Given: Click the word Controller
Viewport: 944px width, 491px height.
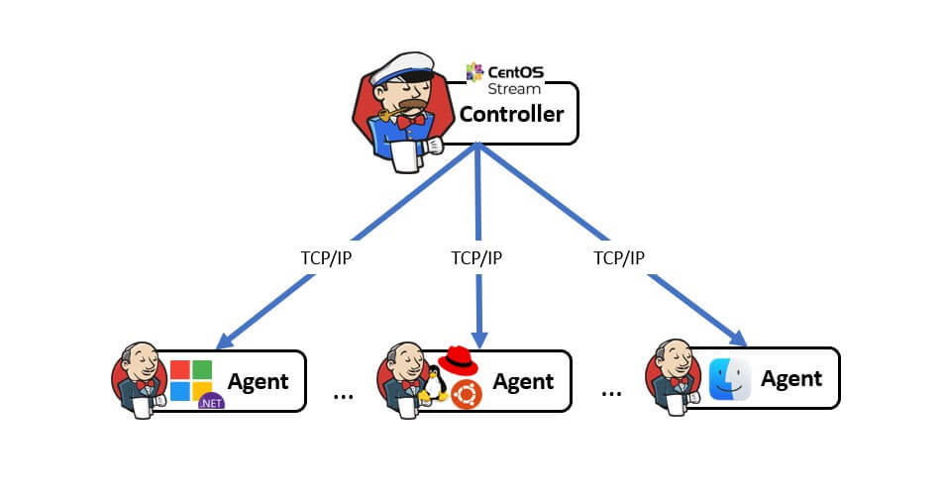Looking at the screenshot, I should tap(511, 114).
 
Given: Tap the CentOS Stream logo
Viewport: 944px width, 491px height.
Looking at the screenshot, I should tap(504, 77).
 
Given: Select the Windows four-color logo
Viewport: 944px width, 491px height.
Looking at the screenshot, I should tap(191, 379).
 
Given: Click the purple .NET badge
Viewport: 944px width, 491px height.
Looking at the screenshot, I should tap(210, 401).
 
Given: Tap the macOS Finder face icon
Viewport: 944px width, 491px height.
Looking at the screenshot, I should tap(730, 379).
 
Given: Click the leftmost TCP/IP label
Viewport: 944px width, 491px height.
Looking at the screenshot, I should tap(326, 258).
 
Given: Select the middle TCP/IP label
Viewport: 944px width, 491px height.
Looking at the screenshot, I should tap(476, 258).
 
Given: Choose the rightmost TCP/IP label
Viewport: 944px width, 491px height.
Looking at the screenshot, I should tap(619, 258).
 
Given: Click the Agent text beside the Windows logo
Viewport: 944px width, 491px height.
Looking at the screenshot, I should tap(258, 381).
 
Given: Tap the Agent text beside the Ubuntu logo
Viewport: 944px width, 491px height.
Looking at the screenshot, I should tap(523, 381).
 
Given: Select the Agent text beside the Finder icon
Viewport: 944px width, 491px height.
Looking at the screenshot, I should tap(790, 378).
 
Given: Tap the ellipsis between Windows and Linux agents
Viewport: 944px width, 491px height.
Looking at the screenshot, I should tap(344, 394).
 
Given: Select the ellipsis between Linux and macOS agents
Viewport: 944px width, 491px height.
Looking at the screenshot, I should tap(611, 392).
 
